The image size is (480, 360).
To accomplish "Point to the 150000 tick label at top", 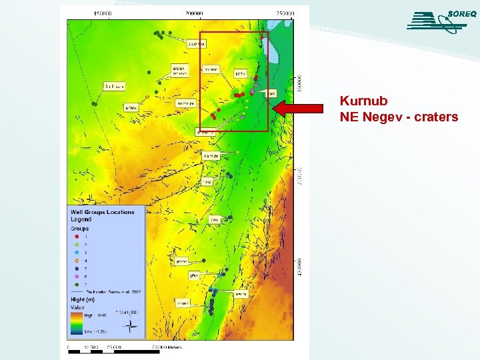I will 103,13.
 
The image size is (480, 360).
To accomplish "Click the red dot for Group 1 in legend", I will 77,237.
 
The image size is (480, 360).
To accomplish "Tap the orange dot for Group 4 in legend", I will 77,261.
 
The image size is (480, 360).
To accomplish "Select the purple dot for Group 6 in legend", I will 77,277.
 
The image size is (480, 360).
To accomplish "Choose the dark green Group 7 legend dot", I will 77,285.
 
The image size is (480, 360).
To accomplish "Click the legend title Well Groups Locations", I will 102,212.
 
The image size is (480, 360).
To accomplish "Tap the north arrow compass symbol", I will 133,325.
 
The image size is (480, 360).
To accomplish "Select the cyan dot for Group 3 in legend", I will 77,253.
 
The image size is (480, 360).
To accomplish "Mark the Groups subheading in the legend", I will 80,229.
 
